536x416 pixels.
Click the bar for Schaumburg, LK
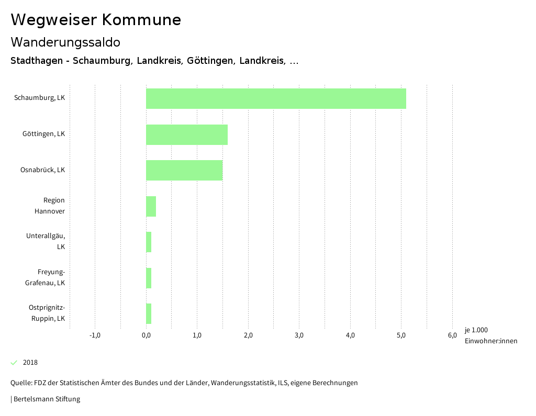pos(276,98)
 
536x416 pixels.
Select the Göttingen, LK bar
pos(187,134)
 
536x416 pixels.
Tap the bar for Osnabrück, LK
pos(184,170)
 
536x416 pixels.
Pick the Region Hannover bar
pos(151,206)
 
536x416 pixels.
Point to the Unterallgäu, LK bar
pos(149,242)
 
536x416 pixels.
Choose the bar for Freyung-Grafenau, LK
pos(149,278)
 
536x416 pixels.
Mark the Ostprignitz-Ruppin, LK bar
pos(149,313)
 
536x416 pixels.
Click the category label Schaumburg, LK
pos(40,98)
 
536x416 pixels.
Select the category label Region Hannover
pos(50,206)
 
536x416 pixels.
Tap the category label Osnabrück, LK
pos(42,170)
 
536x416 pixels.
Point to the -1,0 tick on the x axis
pos(95,335)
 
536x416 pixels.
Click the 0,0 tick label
pos(146,335)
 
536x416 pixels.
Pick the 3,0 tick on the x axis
pos(299,335)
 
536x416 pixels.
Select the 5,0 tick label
pos(401,335)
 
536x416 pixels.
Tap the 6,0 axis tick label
pos(452,335)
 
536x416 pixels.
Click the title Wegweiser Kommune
pos(96,20)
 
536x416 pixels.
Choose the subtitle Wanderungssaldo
pos(65,42)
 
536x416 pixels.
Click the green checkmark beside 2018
pos(14,363)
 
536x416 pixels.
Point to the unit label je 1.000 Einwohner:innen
pos(490,335)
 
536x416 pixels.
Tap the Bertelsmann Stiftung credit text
pos(46,399)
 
